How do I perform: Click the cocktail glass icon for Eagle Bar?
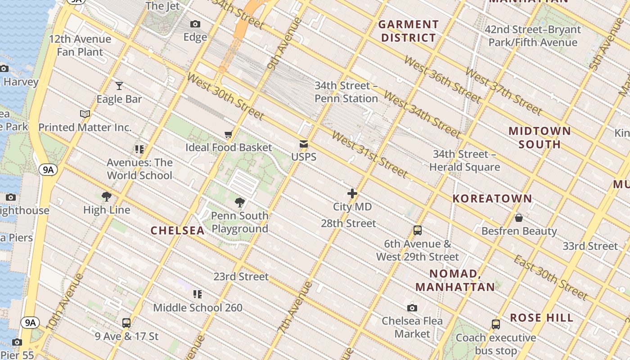point(119,85)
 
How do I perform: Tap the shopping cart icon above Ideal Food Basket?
point(229,134)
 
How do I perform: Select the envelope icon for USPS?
point(304,144)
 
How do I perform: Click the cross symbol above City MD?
point(352,193)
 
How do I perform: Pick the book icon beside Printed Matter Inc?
point(85,114)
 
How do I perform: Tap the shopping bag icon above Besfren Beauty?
point(519,218)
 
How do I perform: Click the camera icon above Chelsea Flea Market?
point(412,308)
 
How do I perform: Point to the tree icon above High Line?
point(107,197)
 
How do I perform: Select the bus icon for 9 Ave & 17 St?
point(126,323)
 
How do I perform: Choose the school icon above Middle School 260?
point(198,294)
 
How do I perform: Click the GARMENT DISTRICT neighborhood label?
point(409,31)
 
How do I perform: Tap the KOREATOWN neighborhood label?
point(492,198)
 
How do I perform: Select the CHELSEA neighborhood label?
point(177,230)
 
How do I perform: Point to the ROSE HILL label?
point(542,318)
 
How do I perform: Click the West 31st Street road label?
point(369,154)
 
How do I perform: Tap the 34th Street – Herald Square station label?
point(464,161)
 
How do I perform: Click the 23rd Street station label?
point(241,276)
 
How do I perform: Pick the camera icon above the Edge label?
point(195,24)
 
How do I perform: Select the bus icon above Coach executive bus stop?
point(495,324)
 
